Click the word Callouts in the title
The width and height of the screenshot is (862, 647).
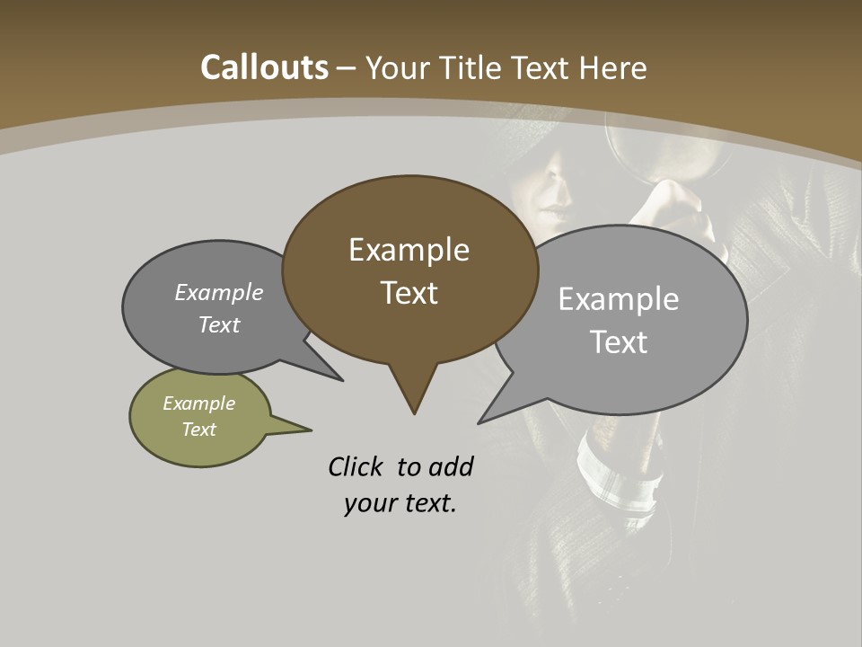click(x=264, y=67)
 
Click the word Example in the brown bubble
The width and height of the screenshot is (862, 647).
click(x=409, y=250)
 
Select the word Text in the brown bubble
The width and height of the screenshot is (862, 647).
click(x=409, y=293)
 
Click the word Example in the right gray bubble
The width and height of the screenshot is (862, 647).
click(x=618, y=299)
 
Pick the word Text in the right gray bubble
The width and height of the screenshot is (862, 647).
click(x=619, y=342)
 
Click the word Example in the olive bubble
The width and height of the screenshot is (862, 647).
click(x=198, y=403)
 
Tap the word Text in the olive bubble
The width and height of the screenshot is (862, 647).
click(x=198, y=430)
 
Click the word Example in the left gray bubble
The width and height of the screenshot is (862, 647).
click(x=218, y=293)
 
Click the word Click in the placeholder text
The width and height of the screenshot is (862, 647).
click(x=356, y=466)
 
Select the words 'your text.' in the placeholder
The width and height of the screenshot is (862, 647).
click(x=400, y=503)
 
